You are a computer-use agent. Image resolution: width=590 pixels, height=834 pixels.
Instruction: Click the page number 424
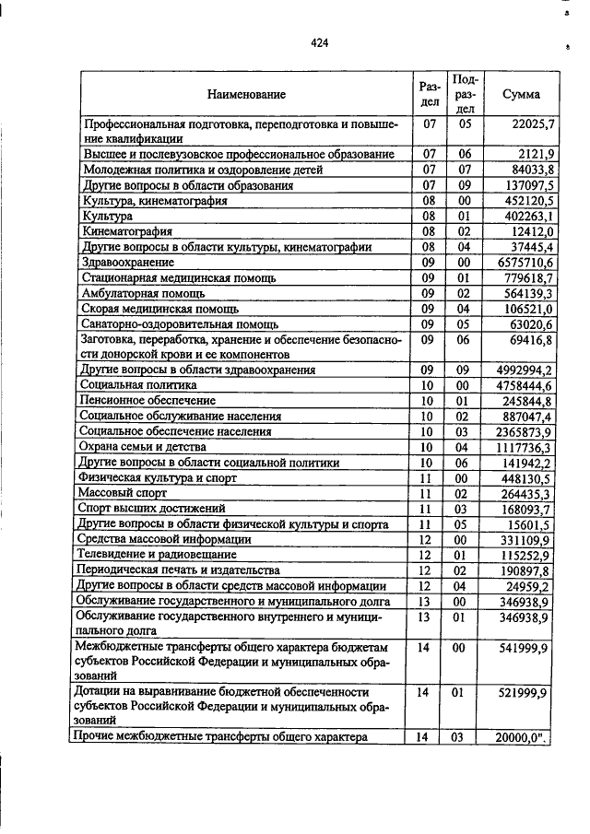click(320, 42)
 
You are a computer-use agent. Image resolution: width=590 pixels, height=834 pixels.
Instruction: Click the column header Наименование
click(246, 94)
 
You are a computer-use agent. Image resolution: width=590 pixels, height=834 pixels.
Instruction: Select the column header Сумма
click(521, 94)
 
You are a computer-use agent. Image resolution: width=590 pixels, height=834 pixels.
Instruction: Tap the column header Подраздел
click(466, 94)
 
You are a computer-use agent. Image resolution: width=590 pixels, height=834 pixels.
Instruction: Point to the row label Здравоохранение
click(124, 262)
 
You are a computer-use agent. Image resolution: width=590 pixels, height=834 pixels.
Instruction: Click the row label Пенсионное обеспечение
click(147, 401)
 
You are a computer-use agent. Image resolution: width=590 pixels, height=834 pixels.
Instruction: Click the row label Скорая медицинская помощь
click(159, 309)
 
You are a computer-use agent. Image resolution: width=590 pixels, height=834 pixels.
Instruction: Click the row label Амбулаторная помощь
click(139, 293)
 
